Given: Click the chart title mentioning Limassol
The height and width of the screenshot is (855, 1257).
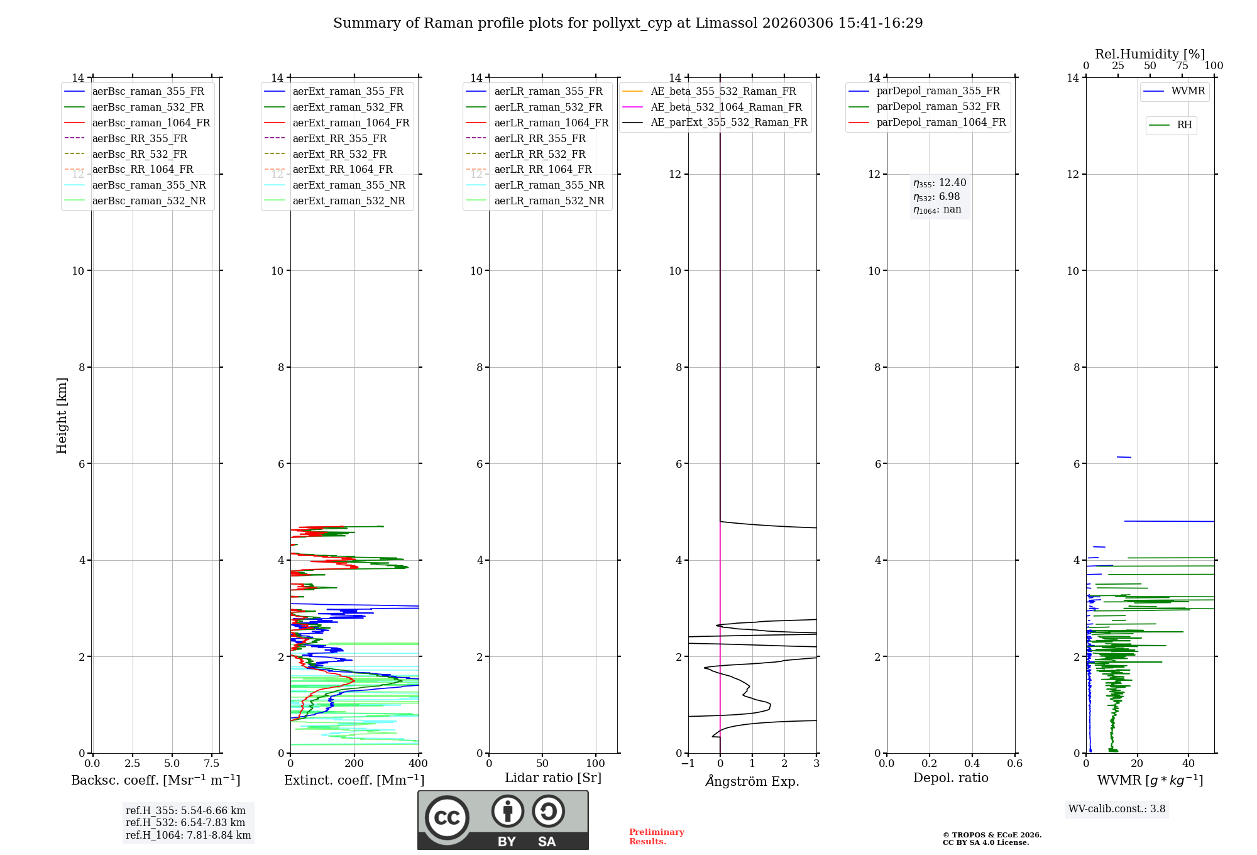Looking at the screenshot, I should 628,23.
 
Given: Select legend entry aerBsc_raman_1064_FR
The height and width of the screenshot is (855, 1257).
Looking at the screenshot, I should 151,123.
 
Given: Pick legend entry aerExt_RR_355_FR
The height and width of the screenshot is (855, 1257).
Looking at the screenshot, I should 339,138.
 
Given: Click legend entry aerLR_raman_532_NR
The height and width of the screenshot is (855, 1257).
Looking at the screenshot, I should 549,201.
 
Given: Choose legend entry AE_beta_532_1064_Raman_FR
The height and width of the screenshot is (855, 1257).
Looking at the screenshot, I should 726,107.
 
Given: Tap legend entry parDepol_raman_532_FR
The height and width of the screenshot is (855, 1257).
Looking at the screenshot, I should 938,107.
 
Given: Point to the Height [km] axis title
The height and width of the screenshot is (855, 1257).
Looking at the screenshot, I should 62,415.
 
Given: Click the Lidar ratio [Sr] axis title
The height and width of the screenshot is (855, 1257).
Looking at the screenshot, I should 553,778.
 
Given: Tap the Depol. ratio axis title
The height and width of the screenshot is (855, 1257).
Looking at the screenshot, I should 950,778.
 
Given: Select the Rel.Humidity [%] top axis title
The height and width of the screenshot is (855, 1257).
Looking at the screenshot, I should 1150,54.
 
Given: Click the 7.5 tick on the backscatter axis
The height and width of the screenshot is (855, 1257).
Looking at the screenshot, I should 212,763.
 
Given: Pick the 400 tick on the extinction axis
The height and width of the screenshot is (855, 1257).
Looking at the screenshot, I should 418,763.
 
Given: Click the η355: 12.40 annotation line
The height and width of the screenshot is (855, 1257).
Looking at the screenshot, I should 940,183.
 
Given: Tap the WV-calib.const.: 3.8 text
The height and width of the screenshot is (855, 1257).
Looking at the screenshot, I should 1117,808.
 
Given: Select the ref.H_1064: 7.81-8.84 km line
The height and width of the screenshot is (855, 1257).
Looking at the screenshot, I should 188,835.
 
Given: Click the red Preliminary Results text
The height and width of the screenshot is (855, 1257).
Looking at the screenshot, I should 656,836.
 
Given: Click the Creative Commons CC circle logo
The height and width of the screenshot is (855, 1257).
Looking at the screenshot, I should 447,817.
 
